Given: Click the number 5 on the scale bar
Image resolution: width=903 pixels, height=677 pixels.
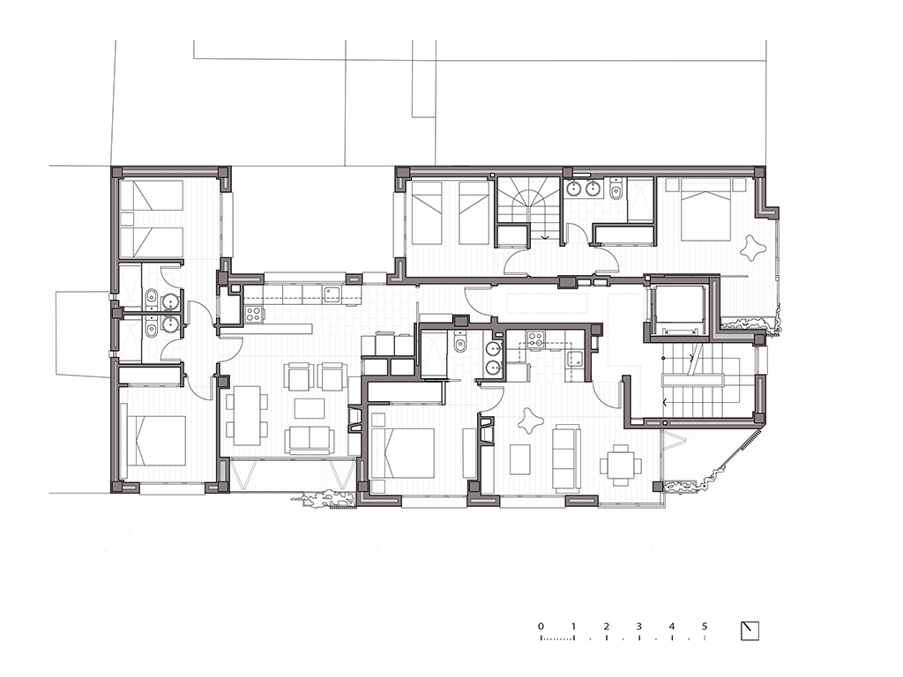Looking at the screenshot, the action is [x=705, y=627].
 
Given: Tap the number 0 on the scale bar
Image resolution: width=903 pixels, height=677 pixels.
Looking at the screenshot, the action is [x=541, y=627].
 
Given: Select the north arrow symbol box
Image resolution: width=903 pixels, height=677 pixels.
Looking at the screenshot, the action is [x=750, y=631].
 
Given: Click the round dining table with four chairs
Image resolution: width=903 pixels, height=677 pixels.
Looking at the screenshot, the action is [x=621, y=465].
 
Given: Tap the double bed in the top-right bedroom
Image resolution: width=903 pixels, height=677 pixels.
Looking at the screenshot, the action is [x=705, y=209].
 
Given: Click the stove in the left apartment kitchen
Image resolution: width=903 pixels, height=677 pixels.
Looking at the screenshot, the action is [x=255, y=313].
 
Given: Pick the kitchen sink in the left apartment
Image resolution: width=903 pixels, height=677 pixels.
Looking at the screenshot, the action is [x=332, y=294].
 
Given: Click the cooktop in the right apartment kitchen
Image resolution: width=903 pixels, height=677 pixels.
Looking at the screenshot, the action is [x=535, y=338].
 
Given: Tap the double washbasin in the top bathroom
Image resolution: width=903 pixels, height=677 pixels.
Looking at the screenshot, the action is [x=582, y=189].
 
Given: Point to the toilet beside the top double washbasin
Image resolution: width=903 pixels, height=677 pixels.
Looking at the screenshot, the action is [x=615, y=190].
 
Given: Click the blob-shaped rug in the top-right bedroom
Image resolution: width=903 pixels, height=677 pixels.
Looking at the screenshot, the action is [x=753, y=248].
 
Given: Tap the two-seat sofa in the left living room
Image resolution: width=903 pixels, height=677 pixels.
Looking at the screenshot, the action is [x=311, y=439].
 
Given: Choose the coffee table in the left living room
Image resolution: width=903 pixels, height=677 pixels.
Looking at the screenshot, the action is [x=310, y=408].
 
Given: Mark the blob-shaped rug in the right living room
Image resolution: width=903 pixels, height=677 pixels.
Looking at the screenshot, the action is [x=530, y=420].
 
